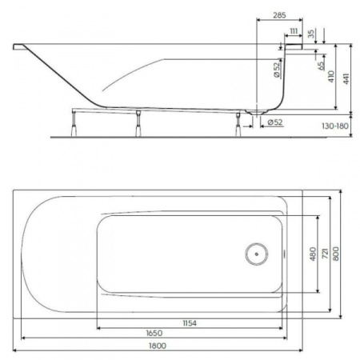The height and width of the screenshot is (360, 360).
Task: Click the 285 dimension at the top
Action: click(278, 15)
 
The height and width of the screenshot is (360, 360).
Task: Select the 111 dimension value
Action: click(293, 31)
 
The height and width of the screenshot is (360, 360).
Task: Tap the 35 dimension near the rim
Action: click(311, 35)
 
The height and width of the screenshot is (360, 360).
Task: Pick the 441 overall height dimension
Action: click(346, 77)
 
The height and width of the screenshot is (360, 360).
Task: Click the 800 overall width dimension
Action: click(336, 254)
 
